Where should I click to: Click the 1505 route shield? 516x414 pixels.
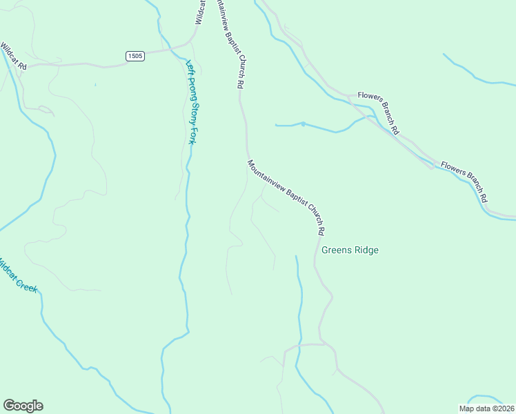pos(135,56)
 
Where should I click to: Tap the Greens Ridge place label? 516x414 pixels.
pos(350,250)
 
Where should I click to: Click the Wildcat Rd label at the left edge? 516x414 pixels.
pos(13,57)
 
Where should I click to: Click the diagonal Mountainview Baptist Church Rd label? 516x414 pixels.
pos(286,197)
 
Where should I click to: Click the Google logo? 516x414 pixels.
pos(23,406)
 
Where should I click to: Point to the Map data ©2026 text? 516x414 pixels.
pos(487,408)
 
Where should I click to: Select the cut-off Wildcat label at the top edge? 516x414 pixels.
pos(199,12)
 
